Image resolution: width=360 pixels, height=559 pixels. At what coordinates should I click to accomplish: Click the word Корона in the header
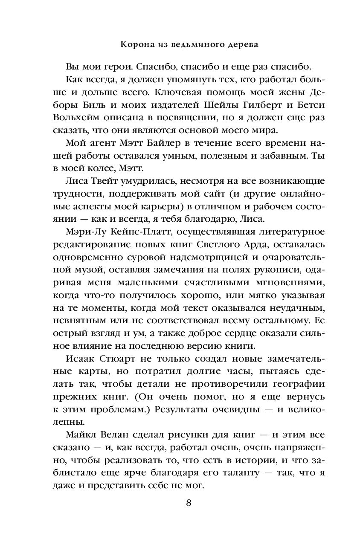135,43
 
